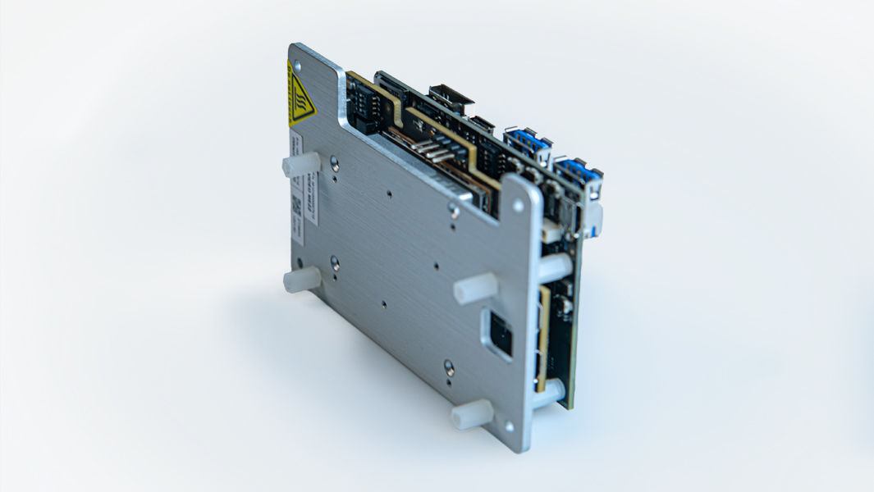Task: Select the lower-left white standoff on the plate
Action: (301, 280)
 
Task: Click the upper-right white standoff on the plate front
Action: (475, 288)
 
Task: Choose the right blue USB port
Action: (579, 172)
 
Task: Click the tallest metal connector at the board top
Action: (451, 99)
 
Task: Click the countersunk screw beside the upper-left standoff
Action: (335, 164)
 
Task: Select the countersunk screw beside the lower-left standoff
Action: (335, 262)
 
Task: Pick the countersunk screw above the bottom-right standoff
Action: (449, 367)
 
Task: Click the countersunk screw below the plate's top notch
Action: (454, 210)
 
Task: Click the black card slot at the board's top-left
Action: (364, 109)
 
